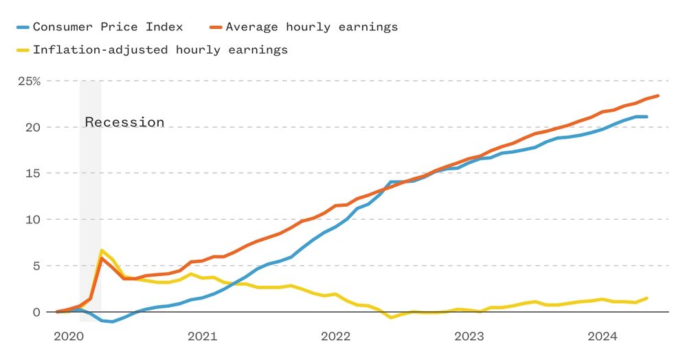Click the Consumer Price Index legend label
pos(108,27)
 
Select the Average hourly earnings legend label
pos(311,27)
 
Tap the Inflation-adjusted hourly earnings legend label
pos(160,49)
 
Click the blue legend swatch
pos(23,27)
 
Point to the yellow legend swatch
pos(23,50)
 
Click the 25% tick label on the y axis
pos(29,81)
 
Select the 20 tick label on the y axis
pos(34,127)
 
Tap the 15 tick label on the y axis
pos(34,173)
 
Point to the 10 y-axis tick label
pos(34,219)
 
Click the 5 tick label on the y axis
pos(37,266)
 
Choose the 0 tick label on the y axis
pos(37,312)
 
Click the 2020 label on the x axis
pos(68,337)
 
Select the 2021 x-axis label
pos(202,337)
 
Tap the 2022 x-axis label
pos(335,337)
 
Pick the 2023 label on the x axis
pos(469,337)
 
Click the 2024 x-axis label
pos(602,337)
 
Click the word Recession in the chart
pos(124,122)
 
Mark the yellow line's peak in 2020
pos(102,250)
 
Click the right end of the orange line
pos(657,95)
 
